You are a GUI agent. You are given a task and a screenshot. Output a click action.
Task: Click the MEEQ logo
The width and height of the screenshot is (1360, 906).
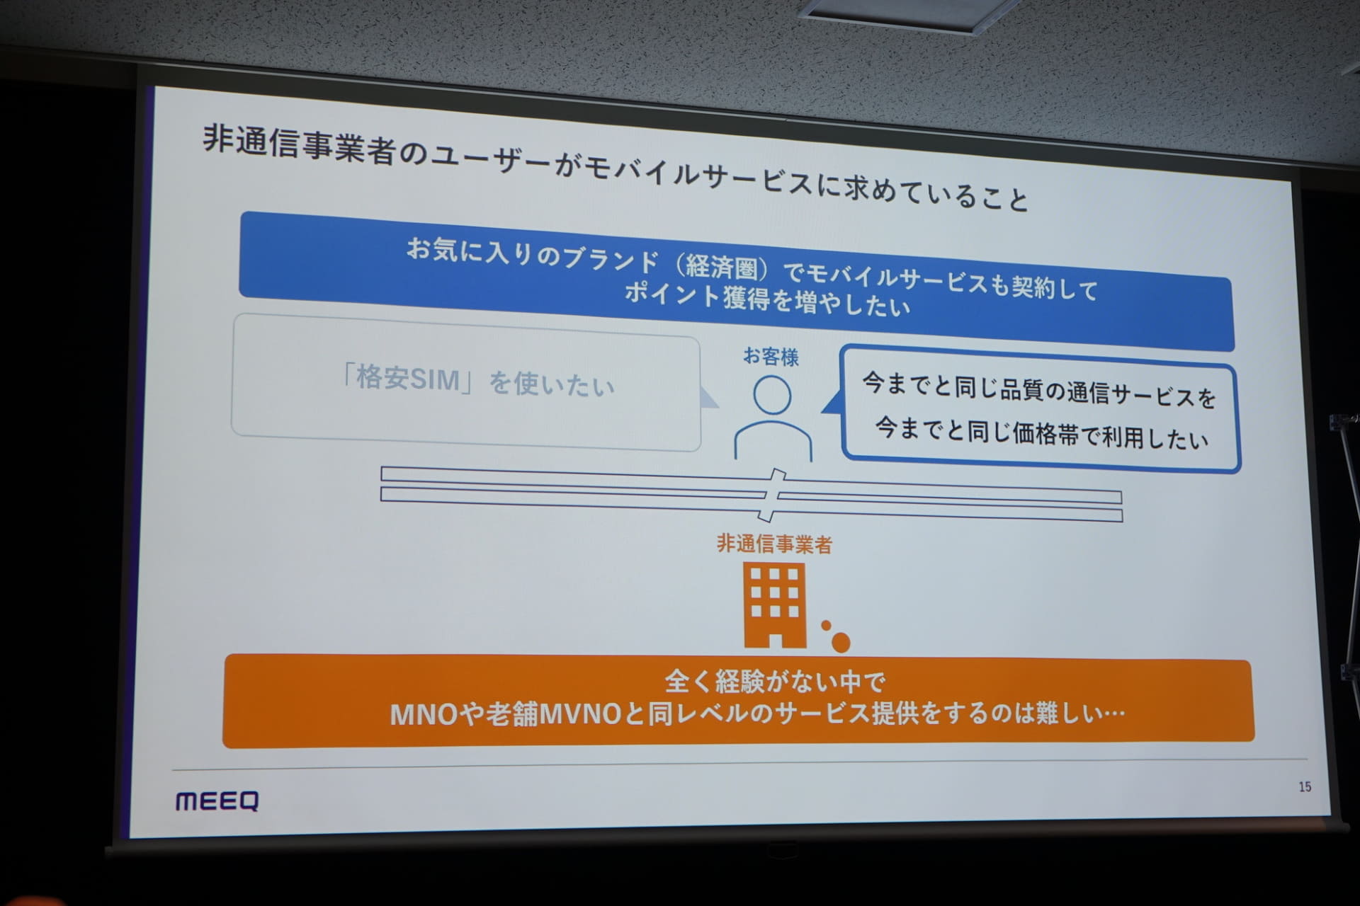click(x=217, y=801)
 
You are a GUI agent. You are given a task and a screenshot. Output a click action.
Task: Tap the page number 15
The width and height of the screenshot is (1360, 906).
click(x=1305, y=786)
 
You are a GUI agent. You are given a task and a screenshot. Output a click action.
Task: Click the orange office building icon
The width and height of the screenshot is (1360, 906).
click(x=773, y=605)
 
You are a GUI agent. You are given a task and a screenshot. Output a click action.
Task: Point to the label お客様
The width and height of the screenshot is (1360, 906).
click(x=771, y=357)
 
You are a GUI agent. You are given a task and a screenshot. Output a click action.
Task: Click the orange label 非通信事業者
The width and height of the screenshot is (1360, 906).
click(x=774, y=544)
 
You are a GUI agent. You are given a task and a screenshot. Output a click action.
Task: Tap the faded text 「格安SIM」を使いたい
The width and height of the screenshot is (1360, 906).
click(x=477, y=382)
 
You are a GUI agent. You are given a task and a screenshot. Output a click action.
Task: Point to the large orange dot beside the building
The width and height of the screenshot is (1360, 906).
click(x=840, y=642)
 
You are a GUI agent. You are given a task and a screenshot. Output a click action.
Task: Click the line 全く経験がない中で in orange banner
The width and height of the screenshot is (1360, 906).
click(x=775, y=682)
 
